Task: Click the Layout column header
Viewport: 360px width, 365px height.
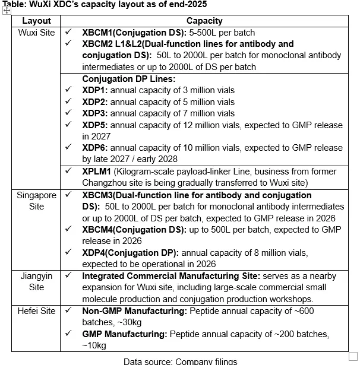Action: [x=36, y=21]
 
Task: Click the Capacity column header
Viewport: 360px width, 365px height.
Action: [x=204, y=21]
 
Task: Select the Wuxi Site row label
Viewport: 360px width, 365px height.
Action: [x=36, y=32]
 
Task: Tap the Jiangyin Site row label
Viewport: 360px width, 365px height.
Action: [x=36, y=281]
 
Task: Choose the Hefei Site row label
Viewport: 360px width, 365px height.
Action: [x=37, y=310]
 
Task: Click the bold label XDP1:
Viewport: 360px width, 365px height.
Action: [x=95, y=90]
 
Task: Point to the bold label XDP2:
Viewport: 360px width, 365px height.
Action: [x=95, y=102]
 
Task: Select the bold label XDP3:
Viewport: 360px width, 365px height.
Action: [x=95, y=113]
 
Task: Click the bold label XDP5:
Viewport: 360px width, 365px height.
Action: [x=95, y=125]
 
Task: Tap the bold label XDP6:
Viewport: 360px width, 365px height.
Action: [x=95, y=148]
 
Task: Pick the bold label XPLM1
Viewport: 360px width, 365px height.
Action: [x=97, y=171]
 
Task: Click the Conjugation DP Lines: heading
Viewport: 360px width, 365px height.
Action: [x=129, y=79]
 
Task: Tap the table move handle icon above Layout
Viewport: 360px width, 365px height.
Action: [x=7, y=11]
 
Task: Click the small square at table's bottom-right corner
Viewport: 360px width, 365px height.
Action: [x=353, y=356]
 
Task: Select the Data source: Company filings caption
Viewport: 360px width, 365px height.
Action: [x=180, y=361]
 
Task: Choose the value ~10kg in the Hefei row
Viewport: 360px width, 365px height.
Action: [x=94, y=345]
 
